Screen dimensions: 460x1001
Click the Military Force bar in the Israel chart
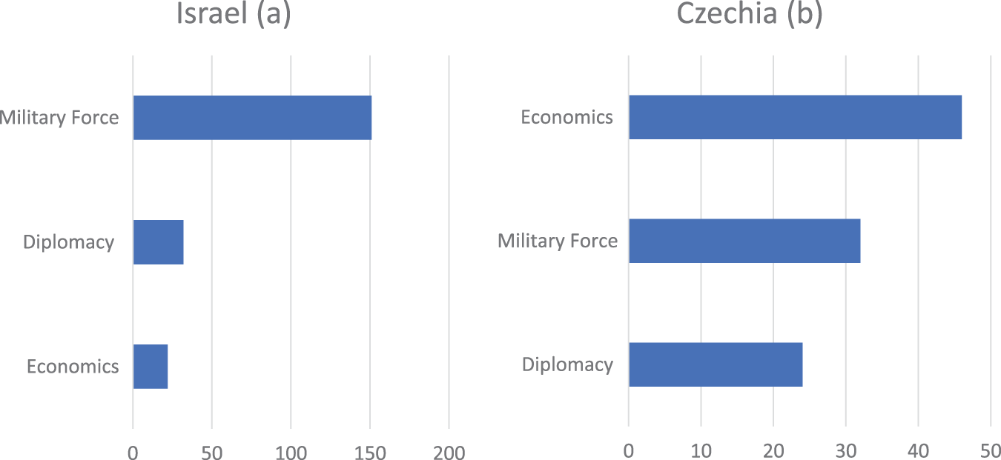(x=252, y=118)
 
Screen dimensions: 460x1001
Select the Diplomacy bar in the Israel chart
(x=158, y=242)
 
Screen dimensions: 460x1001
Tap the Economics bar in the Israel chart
(x=151, y=367)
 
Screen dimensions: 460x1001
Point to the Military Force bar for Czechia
(x=744, y=241)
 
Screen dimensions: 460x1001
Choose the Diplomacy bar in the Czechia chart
(x=716, y=364)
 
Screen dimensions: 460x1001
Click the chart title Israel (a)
(x=233, y=15)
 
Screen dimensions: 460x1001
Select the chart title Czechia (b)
(x=750, y=15)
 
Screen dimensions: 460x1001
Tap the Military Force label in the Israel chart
(x=59, y=117)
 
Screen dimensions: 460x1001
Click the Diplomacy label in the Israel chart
(x=68, y=242)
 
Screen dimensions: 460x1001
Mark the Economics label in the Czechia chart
(x=566, y=117)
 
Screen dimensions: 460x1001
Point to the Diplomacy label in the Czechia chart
(x=567, y=364)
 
